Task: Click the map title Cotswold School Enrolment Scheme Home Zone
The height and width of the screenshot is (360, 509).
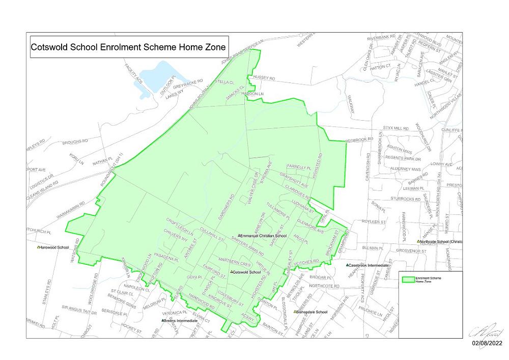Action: pyautogui.click(x=128, y=46)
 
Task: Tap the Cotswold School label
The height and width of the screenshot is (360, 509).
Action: pyautogui.click(x=246, y=272)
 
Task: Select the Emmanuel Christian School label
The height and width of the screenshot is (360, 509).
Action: pyautogui.click(x=264, y=236)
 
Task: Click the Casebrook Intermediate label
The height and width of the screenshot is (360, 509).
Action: pyautogui.click(x=369, y=265)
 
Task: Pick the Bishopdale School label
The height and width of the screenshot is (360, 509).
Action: pyautogui.click(x=312, y=312)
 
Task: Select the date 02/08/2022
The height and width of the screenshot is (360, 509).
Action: pyautogui.click(x=487, y=344)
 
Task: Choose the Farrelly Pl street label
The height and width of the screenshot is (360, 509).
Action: pyautogui.click(x=299, y=167)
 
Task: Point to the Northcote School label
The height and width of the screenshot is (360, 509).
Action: pyautogui.click(x=441, y=241)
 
